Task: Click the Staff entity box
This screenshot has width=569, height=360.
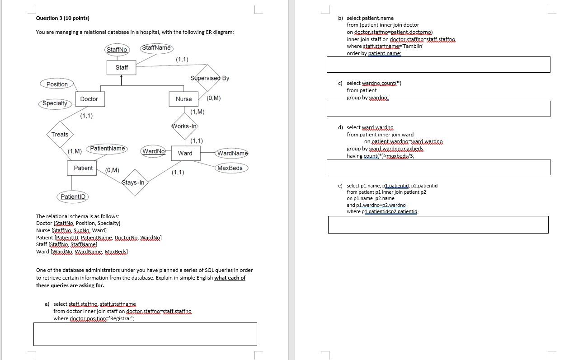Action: [122, 67]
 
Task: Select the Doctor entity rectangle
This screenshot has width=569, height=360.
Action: [89, 99]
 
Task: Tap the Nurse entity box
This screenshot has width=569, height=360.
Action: [183, 99]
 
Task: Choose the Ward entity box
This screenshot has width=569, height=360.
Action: [185, 153]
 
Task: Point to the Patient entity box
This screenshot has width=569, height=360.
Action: [83, 168]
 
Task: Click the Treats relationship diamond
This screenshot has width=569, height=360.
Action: [60, 134]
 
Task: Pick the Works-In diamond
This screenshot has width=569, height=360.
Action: [184, 126]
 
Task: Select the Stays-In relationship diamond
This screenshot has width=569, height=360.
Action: [133, 182]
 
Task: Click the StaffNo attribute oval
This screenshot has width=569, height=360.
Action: [117, 50]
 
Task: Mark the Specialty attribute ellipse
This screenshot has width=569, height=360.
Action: [55, 103]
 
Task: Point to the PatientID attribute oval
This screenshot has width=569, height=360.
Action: [73, 196]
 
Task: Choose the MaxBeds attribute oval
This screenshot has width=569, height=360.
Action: [230, 168]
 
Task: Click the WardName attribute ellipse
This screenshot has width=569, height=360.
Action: [232, 153]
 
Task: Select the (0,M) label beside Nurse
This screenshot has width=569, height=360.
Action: [213, 98]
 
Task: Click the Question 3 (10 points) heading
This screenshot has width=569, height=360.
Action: [63, 18]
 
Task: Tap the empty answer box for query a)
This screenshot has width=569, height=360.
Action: [145, 334]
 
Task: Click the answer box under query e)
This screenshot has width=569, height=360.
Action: [438, 224]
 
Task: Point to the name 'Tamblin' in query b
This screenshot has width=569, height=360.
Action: [412, 46]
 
